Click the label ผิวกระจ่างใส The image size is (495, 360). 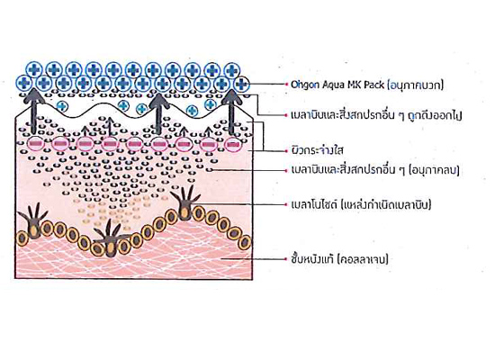(x=318, y=150)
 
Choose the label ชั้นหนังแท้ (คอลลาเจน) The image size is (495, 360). (x=339, y=259)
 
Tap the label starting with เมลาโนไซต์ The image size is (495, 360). (x=361, y=204)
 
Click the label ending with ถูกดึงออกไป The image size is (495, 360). (x=376, y=114)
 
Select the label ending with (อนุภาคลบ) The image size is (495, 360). (x=375, y=170)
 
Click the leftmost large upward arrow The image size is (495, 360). (x=34, y=112)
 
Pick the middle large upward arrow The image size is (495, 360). (x=158, y=113)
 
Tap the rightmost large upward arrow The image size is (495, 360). (x=231, y=112)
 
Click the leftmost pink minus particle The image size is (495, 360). (x=34, y=144)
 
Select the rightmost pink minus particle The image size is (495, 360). (x=233, y=144)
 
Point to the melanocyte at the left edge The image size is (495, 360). (x=32, y=220)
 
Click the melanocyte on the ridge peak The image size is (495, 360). (x=184, y=202)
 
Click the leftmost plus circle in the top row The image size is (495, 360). (x=34, y=70)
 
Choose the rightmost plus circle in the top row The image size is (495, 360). (x=231, y=70)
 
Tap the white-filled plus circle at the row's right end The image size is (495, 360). (x=241, y=84)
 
